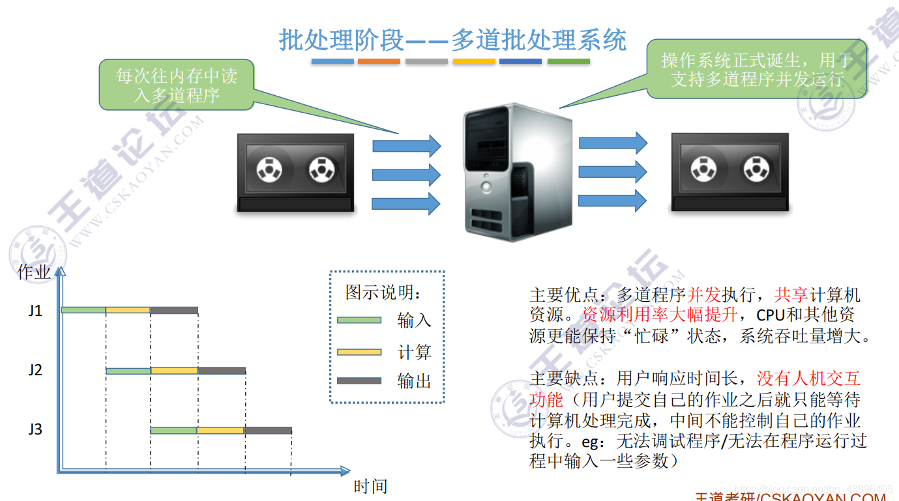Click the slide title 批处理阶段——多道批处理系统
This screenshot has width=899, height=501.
point(452,40)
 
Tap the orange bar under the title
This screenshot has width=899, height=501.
point(379,61)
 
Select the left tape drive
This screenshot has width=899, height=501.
point(295,173)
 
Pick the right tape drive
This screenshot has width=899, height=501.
point(730,172)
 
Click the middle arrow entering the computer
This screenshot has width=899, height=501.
point(406,174)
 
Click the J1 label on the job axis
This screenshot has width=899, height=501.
point(35,311)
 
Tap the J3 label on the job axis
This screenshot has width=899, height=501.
point(35,430)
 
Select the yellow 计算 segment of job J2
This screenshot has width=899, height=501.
point(174,371)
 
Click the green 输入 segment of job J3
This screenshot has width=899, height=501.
point(173,431)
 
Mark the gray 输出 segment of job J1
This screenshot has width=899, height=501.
point(174,311)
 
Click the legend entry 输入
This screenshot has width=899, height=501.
point(414,321)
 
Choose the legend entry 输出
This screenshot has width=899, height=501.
point(414,381)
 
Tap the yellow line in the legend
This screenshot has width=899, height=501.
point(359,352)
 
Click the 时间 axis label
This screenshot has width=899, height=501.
point(370,486)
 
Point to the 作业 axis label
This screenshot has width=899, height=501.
point(34,272)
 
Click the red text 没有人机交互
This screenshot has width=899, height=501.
point(808,379)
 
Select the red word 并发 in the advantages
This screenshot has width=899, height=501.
point(704,294)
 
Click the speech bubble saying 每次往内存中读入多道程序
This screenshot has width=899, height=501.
point(176,85)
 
